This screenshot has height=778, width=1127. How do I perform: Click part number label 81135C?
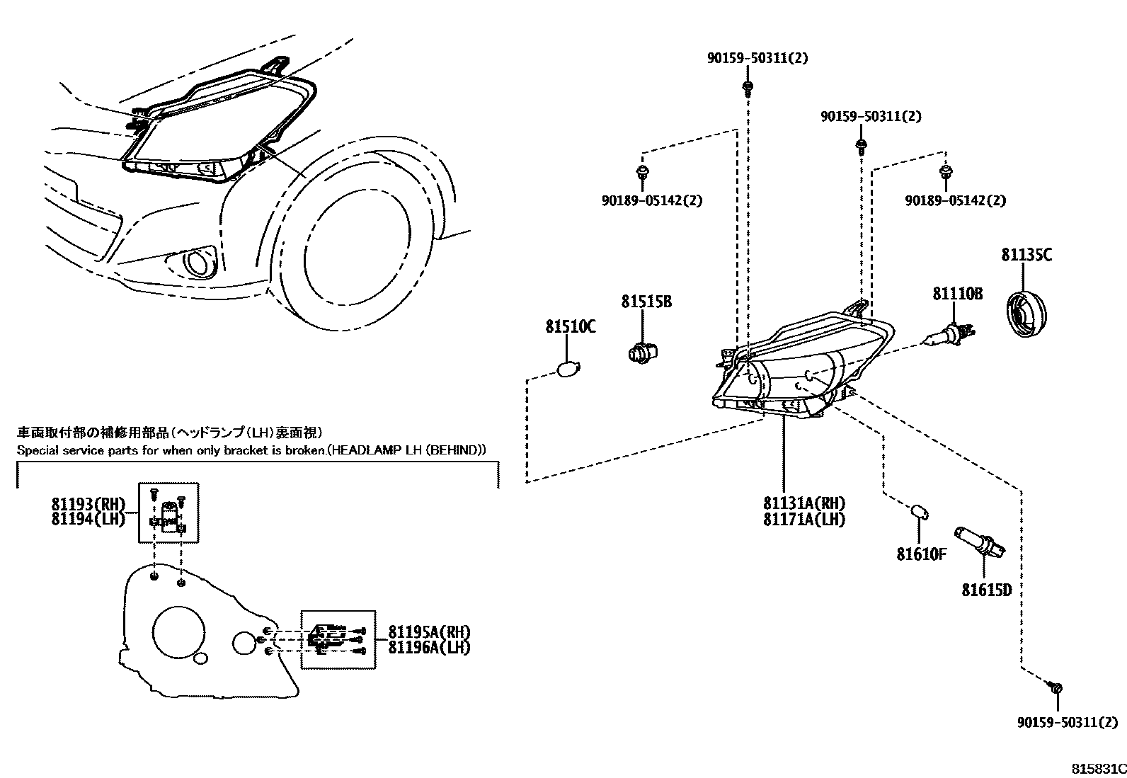click(x=1026, y=255)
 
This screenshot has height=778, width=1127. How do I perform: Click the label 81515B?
click(x=646, y=302)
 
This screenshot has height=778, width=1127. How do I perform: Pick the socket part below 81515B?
click(x=642, y=351)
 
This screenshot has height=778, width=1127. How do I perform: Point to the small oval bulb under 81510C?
click(x=568, y=369)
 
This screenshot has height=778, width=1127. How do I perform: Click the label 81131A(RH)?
click(x=803, y=503)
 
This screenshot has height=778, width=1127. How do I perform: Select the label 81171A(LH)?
click(x=803, y=519)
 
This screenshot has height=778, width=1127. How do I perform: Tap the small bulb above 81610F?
click(x=919, y=511)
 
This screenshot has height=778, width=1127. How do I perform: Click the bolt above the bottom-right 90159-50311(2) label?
click(x=1056, y=687)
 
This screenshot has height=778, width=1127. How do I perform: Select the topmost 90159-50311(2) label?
click(x=757, y=59)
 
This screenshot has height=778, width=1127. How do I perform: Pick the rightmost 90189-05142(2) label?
click(x=955, y=201)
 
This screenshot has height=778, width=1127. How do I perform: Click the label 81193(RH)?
click(x=87, y=504)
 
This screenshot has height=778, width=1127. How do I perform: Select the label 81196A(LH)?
click(x=428, y=647)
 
